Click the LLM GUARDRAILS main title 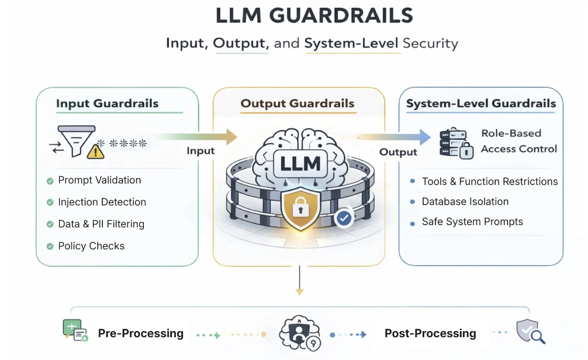314,16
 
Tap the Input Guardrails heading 107,104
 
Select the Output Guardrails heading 297,104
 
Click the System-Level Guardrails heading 481,104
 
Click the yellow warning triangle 95,152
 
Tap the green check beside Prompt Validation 50,181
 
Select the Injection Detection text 102,202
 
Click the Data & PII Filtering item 101,224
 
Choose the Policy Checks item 91,246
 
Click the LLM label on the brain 300,164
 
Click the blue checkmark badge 344,218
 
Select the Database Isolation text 465,202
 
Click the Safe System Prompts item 472,222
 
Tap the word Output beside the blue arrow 398,152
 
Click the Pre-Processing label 141,333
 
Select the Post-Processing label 430,333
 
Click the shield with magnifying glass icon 530,331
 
